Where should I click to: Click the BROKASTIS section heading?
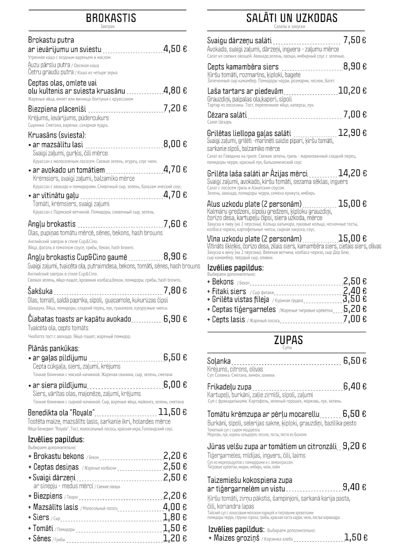[111, 18]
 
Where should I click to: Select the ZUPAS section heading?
[288, 340]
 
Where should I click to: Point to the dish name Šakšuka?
[40, 291]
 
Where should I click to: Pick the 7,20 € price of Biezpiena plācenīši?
[175, 108]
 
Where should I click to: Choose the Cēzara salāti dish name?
[227, 114]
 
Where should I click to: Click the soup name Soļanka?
[219, 361]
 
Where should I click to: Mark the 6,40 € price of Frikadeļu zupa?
[355, 386]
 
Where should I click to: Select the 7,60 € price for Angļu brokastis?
[175, 224]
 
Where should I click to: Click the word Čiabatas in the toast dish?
[42, 319]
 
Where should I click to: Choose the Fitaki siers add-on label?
[229, 291]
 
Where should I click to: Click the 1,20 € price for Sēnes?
[175, 538]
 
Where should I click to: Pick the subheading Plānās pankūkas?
[53, 348]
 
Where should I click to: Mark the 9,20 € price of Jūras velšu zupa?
[355, 446]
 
